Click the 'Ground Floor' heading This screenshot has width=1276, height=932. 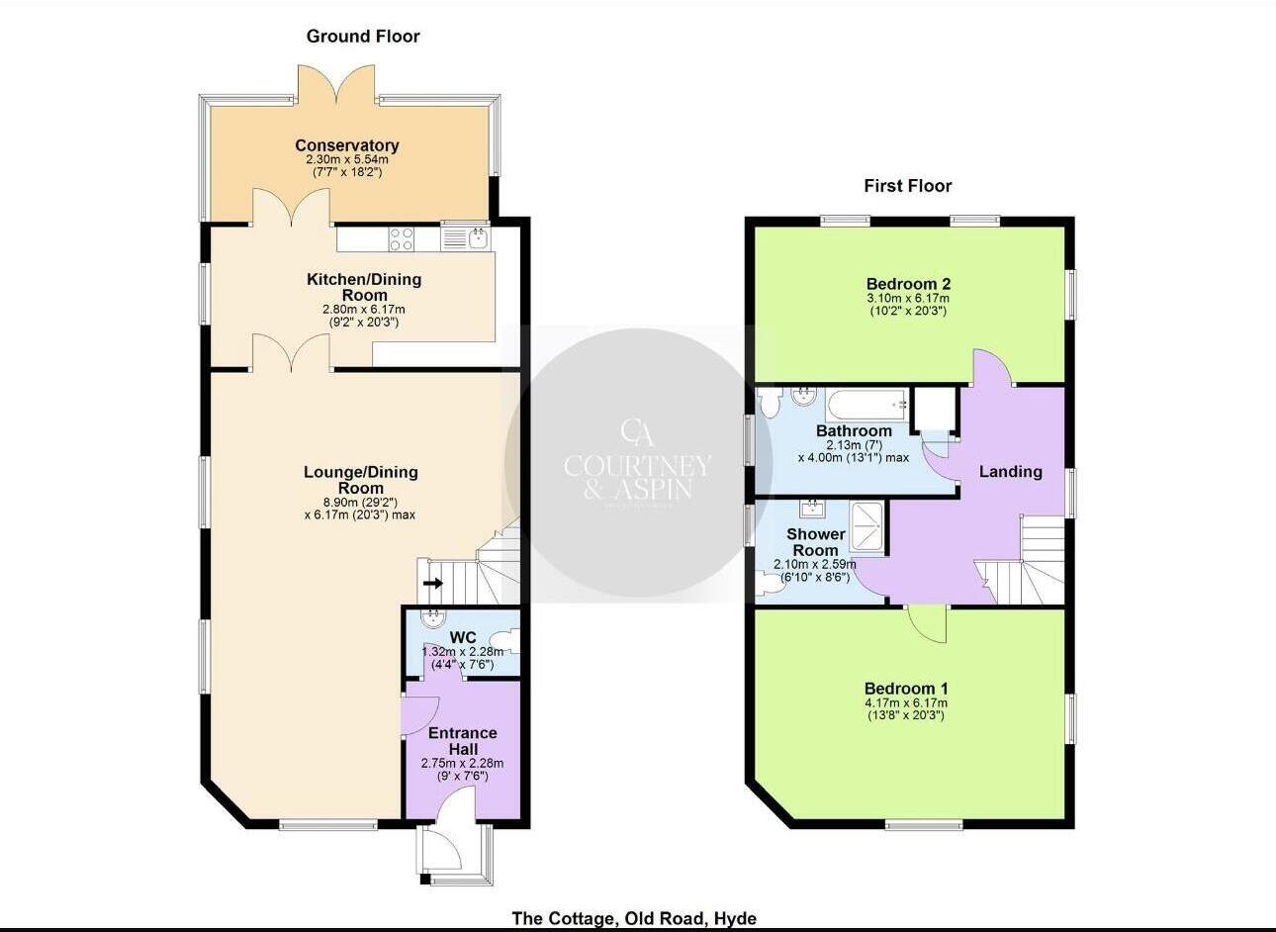point(363,37)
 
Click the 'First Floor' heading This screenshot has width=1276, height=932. point(907,186)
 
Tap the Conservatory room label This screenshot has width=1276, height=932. point(346,145)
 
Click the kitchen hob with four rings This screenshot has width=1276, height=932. point(402,238)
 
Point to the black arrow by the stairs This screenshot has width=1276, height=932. point(432,584)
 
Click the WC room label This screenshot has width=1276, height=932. point(462,637)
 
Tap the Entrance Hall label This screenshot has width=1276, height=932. point(462,741)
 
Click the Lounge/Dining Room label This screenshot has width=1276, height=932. point(360,480)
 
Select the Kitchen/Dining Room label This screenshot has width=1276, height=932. point(363,287)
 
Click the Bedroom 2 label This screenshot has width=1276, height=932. point(907,284)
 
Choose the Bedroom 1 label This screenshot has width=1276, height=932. point(906,689)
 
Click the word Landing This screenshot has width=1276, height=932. point(1010,472)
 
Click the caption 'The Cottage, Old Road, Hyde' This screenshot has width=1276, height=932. point(634,918)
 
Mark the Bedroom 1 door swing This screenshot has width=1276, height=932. point(928,624)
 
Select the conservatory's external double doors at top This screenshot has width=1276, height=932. point(336,84)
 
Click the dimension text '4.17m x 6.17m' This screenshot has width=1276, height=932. point(906,703)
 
